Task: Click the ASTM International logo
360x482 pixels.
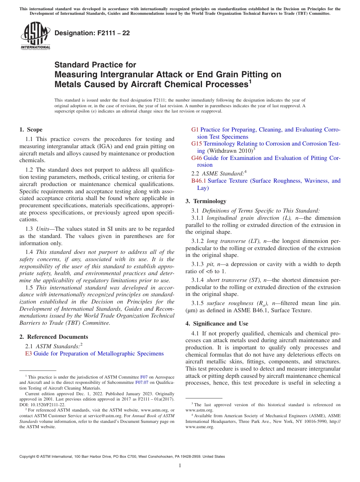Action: (35, 36)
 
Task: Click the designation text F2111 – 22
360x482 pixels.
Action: (92, 33)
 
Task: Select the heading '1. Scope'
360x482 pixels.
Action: (31, 130)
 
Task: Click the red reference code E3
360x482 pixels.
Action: (28, 354)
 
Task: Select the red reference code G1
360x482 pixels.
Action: (195, 130)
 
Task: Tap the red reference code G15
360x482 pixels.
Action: (196, 144)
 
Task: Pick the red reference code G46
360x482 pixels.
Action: (196, 158)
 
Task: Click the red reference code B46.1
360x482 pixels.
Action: (199, 181)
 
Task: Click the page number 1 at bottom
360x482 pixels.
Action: (180, 466)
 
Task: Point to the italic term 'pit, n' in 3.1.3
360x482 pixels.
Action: (213, 264)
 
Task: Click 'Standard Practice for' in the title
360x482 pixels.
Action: (95, 65)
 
